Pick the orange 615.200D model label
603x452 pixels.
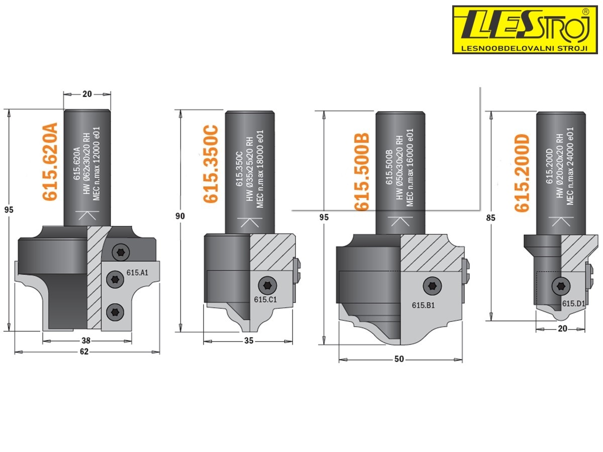click(523, 173)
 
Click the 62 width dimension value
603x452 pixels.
click(84, 352)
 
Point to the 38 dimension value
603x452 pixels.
click(86, 341)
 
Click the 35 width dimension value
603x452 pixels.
click(249, 341)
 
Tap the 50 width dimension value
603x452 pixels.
click(400, 359)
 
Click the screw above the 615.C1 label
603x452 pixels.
click(266, 286)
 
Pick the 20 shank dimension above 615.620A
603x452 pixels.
click(87, 93)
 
